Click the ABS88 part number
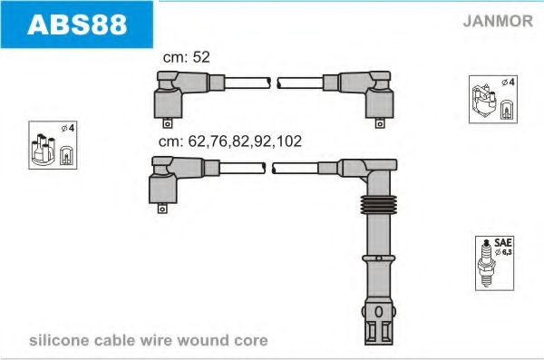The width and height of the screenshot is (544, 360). [x=78, y=24]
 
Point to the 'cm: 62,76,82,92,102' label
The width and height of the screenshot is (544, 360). [x=230, y=141]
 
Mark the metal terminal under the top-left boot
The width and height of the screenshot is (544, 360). [x=167, y=124]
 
